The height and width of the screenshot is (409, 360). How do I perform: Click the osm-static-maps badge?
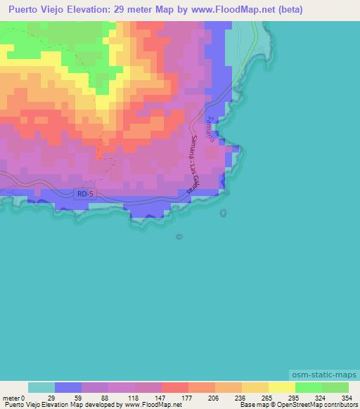[323, 377]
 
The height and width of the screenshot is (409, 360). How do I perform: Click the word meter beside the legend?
[12, 398]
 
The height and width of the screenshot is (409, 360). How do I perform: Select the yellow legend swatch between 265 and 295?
[281, 388]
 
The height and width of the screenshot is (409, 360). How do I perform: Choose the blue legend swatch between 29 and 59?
[68, 388]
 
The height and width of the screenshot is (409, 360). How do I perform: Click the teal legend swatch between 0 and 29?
[41, 388]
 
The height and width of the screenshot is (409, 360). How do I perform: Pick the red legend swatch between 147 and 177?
[175, 388]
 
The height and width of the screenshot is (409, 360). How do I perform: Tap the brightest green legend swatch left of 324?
[308, 388]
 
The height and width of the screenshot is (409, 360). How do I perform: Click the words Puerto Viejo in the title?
[36, 10]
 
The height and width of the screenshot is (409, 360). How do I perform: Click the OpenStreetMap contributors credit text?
[318, 405]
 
